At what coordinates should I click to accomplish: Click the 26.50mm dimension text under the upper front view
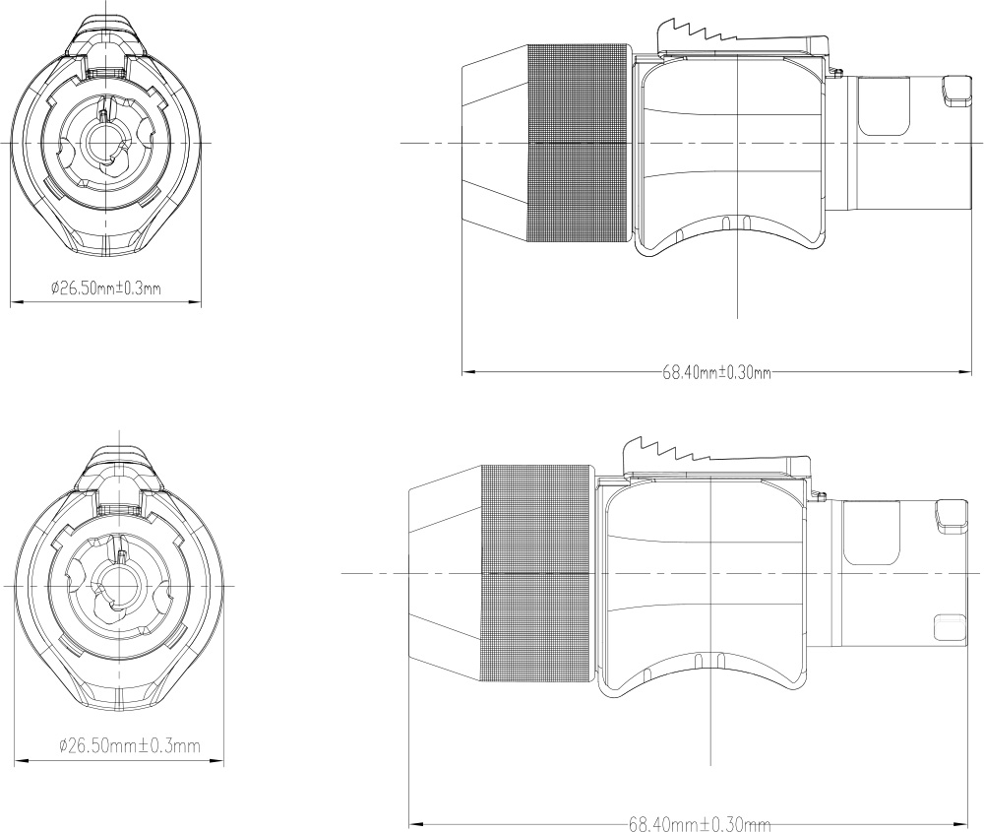click(106, 288)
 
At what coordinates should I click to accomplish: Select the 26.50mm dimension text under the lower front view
click(130, 746)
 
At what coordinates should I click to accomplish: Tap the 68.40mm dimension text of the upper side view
click(716, 372)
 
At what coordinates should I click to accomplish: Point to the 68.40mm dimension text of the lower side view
click(700, 823)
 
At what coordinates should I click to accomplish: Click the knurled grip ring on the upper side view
click(579, 143)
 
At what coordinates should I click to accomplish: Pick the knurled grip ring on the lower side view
click(537, 573)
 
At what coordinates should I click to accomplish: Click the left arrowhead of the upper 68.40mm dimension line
click(468, 372)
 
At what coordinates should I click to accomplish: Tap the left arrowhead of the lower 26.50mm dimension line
click(22, 761)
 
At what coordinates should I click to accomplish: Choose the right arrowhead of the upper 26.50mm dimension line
click(195, 302)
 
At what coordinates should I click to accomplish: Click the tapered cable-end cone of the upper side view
click(495, 143)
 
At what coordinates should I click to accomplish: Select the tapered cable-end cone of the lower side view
click(445, 573)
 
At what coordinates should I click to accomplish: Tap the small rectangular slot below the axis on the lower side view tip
click(949, 628)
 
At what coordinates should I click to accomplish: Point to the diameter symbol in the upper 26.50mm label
click(54, 288)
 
